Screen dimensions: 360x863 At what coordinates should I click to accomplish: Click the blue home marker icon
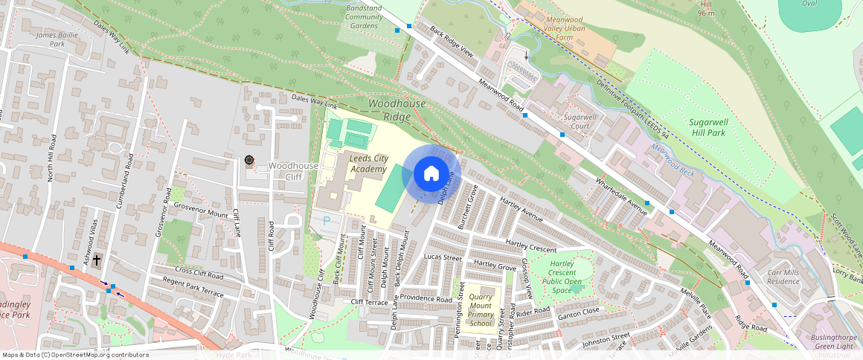(x=431, y=174)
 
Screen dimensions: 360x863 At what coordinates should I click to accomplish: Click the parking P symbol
(x=326, y=222)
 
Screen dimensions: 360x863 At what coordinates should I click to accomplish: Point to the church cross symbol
(x=97, y=260)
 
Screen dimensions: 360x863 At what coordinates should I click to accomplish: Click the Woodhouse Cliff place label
(x=293, y=171)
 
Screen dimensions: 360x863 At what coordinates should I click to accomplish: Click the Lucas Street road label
(x=443, y=257)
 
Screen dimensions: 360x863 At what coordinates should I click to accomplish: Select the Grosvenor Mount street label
(x=201, y=214)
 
